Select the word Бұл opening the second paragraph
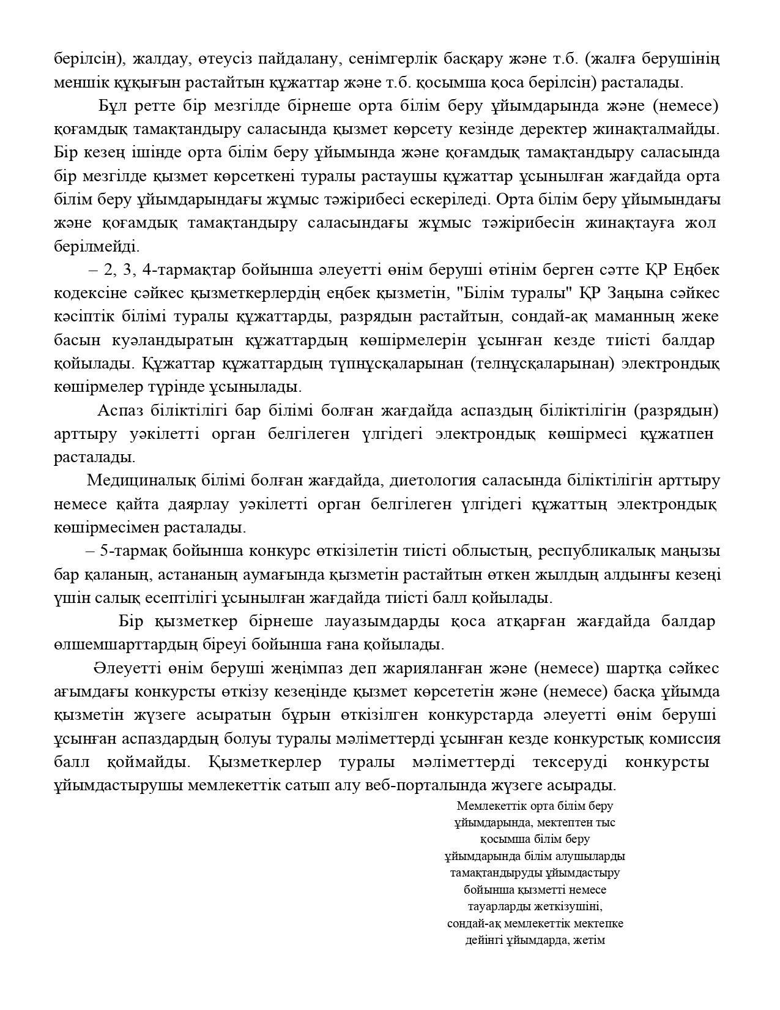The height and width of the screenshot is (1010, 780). [x=113, y=106]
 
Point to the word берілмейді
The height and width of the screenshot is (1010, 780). [x=97, y=247]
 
